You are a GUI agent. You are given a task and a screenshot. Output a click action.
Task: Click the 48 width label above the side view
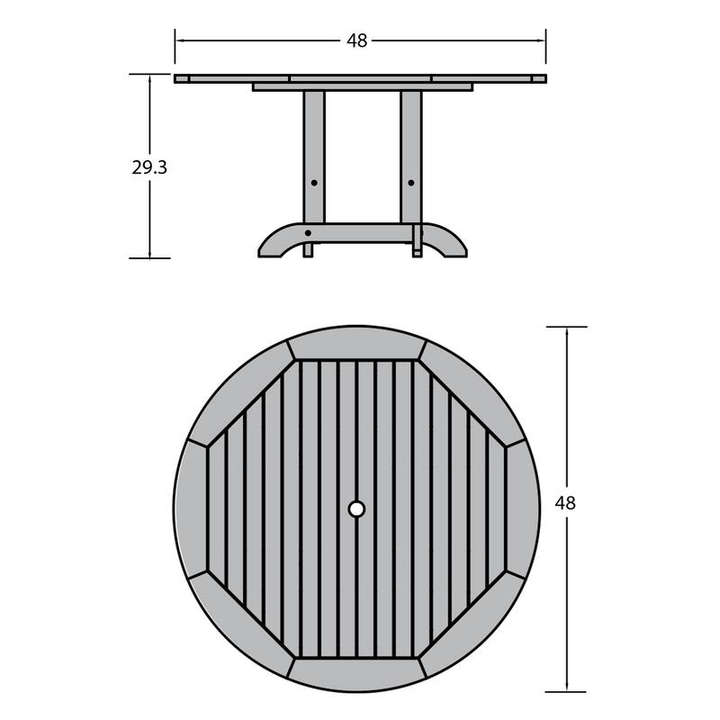point(357,40)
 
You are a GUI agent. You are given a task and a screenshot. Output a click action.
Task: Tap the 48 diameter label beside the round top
point(565,503)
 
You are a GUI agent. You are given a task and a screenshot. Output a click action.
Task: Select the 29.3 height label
point(149,167)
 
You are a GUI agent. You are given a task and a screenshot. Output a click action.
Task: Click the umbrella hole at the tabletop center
point(356,509)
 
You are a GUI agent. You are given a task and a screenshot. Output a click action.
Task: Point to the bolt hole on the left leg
point(314,183)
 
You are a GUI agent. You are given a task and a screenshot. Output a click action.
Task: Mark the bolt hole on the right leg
point(411,183)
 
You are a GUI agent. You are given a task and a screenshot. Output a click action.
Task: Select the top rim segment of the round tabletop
point(356,343)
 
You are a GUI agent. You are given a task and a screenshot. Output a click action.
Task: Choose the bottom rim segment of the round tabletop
point(356,674)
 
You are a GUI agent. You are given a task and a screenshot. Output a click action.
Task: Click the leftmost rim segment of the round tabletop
point(191,509)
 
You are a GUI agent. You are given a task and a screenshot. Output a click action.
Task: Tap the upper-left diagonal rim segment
point(239,391)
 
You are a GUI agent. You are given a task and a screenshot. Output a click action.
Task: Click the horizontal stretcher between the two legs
point(362,233)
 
